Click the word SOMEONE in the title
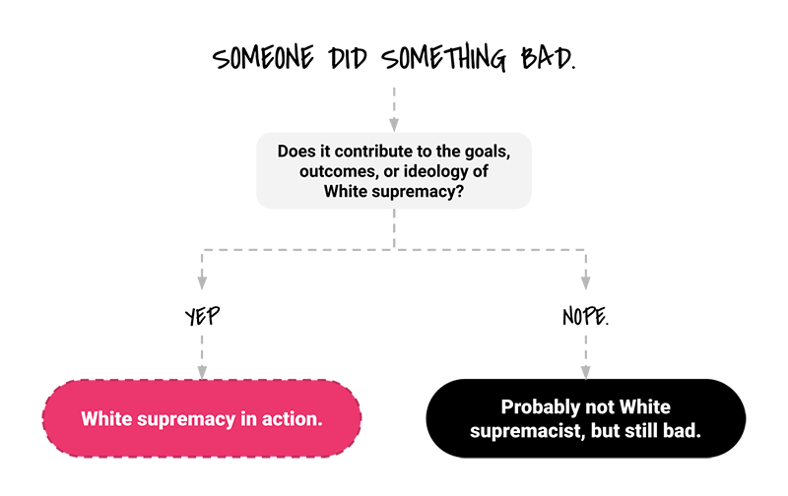point(263,57)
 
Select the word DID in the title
point(348,58)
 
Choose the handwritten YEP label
point(202,316)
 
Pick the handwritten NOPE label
point(585,316)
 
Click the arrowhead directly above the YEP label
point(202,282)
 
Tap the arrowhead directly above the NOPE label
point(585,282)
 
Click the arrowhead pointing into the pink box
point(202,373)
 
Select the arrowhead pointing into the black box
point(585,373)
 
